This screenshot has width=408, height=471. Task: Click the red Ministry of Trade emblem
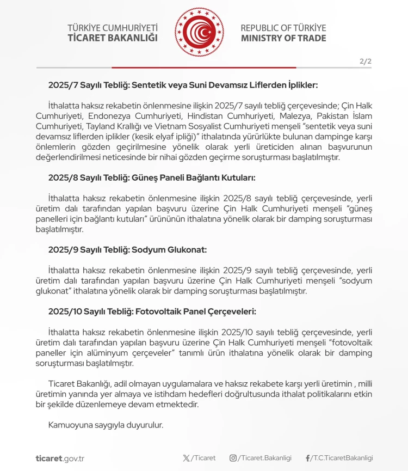tap(199, 32)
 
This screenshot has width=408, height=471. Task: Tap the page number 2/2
tap(366, 62)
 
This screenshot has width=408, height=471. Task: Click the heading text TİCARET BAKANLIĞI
tap(113, 38)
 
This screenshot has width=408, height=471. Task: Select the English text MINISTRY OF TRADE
tap(283, 38)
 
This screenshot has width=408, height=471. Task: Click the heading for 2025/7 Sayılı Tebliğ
tap(182, 85)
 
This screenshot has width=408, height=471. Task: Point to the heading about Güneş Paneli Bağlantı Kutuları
tap(152, 178)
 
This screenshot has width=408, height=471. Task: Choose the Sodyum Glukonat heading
tap(127, 249)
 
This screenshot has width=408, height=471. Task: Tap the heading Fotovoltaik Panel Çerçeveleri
tap(152, 311)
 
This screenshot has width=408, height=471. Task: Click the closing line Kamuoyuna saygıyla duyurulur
tap(106, 425)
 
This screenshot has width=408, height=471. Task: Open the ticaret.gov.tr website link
tap(60, 458)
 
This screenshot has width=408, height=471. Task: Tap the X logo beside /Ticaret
tap(187, 458)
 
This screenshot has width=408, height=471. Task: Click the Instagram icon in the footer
tap(233, 458)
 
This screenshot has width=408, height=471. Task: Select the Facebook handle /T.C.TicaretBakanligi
tap(342, 458)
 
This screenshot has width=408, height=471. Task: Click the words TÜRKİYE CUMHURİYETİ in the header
tap(113, 27)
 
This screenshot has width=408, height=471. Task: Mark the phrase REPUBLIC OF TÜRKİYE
tap(283, 27)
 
